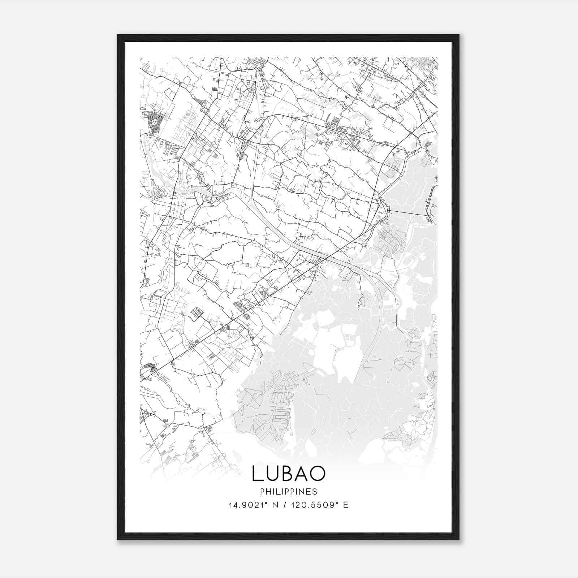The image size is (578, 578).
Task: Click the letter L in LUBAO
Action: pos(258,474)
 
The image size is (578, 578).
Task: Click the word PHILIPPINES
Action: pos(289,492)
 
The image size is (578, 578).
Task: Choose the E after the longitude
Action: pos(346,505)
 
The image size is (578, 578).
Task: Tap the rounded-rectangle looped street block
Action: pos(197,313)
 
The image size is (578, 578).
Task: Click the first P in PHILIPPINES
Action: pos(262,492)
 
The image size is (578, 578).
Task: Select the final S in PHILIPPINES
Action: pos(315,492)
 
